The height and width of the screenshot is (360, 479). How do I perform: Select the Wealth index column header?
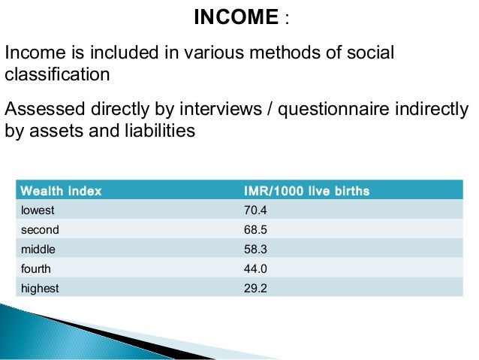coord(62,192)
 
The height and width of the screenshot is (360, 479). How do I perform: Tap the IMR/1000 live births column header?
coord(303,192)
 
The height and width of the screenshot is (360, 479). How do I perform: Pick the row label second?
coord(40,230)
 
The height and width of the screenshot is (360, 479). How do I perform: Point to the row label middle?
coord(38,249)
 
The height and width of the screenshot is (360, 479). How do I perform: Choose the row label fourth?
coord(36,268)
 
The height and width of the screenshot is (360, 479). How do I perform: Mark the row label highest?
coord(40,288)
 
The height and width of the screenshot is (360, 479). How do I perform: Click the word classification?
coord(58,76)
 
